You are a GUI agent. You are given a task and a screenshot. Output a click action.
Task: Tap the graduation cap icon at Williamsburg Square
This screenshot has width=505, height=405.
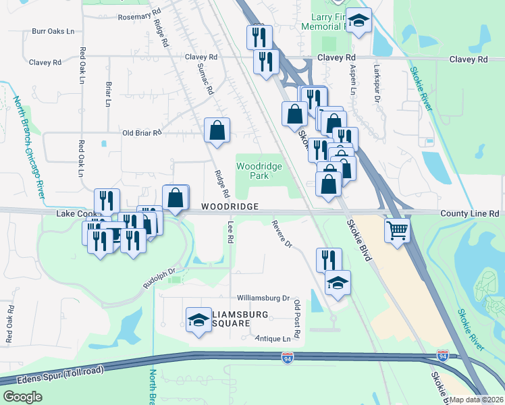(199, 318)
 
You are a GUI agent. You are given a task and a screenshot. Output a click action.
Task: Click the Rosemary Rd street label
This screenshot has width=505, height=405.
(140, 13)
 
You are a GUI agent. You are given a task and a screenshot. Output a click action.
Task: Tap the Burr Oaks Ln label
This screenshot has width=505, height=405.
(53, 31)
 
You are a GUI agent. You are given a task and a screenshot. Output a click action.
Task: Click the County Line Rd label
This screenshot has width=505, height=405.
(469, 213)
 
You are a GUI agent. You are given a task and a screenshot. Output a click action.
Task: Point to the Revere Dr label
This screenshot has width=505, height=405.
(282, 234)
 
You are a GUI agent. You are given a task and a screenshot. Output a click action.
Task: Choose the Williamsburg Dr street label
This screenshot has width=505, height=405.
(263, 298)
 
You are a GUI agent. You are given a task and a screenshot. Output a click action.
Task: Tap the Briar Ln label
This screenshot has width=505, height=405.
(108, 94)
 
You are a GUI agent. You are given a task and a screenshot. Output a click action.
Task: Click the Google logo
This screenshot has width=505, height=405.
(23, 397)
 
